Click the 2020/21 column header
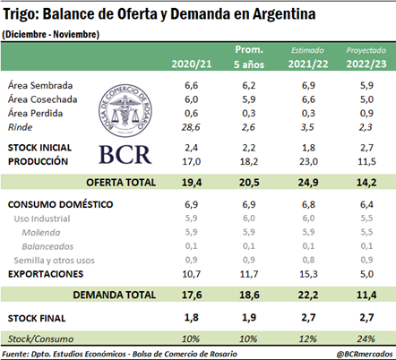(192, 64)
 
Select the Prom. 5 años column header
(249, 56)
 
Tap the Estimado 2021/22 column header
(308, 57)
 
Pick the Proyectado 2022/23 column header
(366, 57)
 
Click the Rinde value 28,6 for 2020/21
(191, 127)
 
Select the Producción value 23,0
(308, 161)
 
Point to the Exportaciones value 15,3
(308, 274)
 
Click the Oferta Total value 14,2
(366, 183)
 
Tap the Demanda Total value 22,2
(308, 295)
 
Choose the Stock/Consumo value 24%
(366, 339)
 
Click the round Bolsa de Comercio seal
(125, 110)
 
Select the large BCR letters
(125, 155)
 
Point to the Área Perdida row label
(35, 114)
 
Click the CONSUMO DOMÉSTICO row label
(61, 204)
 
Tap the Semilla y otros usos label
(54, 261)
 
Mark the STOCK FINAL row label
(37, 318)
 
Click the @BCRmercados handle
(365, 354)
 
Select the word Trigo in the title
(21, 14)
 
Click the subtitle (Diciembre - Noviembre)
(50, 34)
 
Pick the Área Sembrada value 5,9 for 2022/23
(366, 85)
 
